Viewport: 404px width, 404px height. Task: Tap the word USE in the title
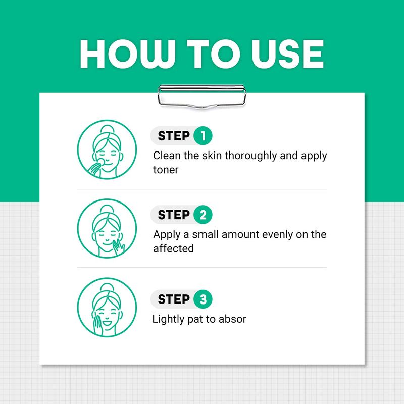point(287,54)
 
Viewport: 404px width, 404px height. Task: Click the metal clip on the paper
point(202,96)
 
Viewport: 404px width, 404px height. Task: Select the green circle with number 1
point(203,136)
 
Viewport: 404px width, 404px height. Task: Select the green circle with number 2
point(203,215)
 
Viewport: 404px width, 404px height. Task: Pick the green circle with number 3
point(203,299)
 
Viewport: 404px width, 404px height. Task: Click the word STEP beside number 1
point(174,136)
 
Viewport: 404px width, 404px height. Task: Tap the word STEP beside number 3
point(174,299)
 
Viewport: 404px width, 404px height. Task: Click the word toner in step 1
point(166,170)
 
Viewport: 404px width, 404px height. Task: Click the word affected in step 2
point(173,248)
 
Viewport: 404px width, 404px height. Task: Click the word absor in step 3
point(232,319)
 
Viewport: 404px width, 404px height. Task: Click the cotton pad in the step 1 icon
point(100,162)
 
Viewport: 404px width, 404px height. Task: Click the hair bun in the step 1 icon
point(107,129)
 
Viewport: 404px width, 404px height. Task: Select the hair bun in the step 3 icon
point(107,287)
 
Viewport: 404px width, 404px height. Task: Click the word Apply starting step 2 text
point(167,235)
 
